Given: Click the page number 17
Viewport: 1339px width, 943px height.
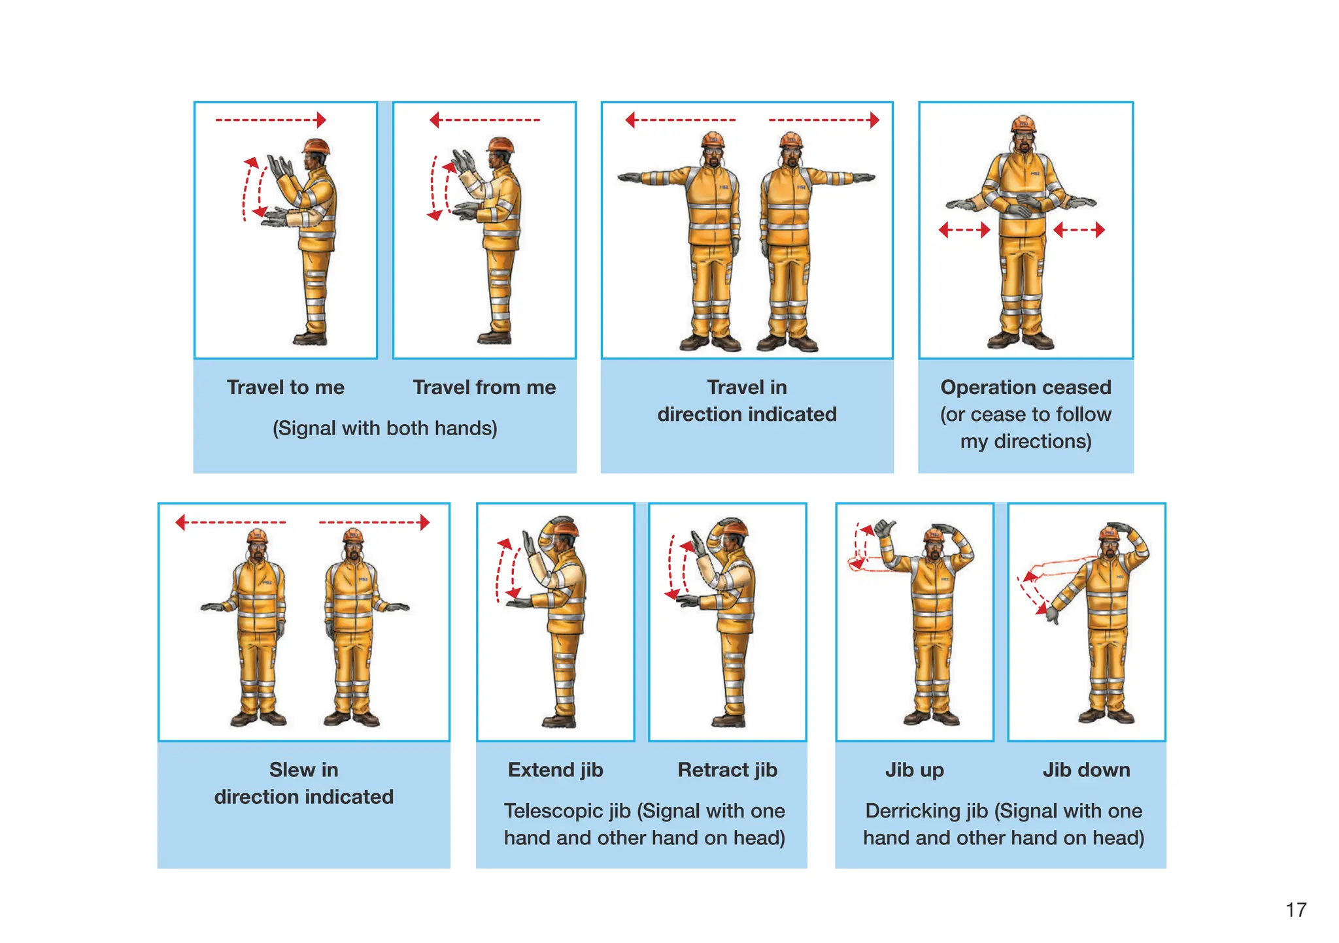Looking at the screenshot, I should (x=1295, y=910).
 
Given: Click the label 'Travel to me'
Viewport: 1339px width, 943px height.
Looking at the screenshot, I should (x=286, y=388).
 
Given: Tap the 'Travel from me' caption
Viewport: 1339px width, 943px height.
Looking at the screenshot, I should (x=484, y=388).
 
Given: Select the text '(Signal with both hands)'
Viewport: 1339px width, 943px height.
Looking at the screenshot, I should (x=384, y=428).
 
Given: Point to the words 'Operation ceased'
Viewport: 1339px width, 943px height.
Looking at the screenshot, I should (x=1025, y=388).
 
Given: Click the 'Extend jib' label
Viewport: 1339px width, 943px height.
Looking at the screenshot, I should (x=555, y=770).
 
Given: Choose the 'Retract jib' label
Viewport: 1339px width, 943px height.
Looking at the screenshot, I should (x=727, y=770).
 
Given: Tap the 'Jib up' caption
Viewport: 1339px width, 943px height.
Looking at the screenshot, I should (x=914, y=770).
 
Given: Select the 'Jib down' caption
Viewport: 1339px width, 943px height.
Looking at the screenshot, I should (x=1086, y=770).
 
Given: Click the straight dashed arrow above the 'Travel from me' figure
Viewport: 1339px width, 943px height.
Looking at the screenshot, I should (x=484, y=120).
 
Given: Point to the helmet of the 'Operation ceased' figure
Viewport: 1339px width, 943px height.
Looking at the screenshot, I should (x=1023, y=124).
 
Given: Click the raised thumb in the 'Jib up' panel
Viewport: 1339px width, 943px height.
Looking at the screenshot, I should (x=885, y=527).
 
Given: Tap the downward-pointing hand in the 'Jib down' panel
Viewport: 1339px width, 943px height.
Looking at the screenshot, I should (x=1052, y=614).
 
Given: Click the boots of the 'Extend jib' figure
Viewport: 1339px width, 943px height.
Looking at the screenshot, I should (x=560, y=721).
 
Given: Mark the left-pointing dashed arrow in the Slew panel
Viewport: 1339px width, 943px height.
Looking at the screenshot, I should (x=230, y=522).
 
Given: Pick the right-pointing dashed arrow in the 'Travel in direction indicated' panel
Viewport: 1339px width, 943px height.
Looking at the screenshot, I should (x=824, y=120).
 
